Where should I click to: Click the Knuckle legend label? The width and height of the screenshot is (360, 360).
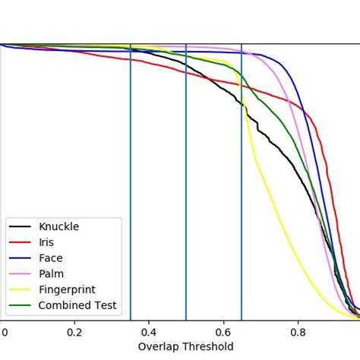[x=58, y=226]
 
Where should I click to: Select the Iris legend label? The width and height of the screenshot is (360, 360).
[x=46, y=242]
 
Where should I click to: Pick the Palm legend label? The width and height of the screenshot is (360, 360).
[x=51, y=273]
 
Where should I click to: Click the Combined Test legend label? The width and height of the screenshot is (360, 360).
[x=77, y=305]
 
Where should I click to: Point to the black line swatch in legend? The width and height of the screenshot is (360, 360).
[x=20, y=227]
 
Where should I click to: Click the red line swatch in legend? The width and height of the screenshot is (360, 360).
[x=20, y=243]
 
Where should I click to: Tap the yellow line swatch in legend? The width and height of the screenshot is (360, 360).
[x=20, y=290]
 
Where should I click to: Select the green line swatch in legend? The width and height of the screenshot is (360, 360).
[x=20, y=306]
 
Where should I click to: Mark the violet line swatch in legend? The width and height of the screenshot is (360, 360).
[x=20, y=274]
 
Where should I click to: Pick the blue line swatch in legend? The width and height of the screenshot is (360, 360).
[x=20, y=258]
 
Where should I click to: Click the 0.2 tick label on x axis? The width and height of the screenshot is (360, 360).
[x=74, y=332]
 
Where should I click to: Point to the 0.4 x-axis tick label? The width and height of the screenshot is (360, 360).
[x=149, y=332]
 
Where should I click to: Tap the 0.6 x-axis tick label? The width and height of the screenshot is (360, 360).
[x=223, y=332]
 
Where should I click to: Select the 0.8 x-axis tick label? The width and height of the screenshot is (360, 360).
[x=298, y=332]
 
